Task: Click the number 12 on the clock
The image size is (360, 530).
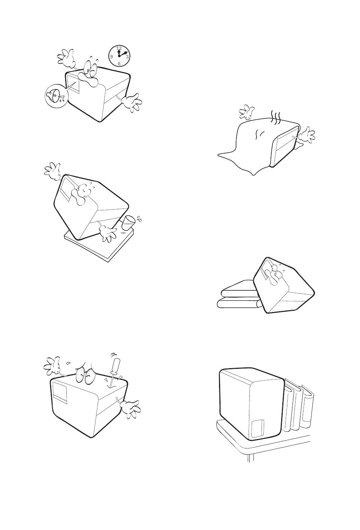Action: coord(119,47)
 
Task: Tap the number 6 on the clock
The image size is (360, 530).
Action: coord(119,63)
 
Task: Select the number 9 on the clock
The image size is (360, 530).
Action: coord(111,56)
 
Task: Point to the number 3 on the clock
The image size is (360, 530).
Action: coord(127,56)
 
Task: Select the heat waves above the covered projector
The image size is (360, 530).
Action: coord(275,117)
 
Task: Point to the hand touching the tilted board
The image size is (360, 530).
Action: coord(108,234)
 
